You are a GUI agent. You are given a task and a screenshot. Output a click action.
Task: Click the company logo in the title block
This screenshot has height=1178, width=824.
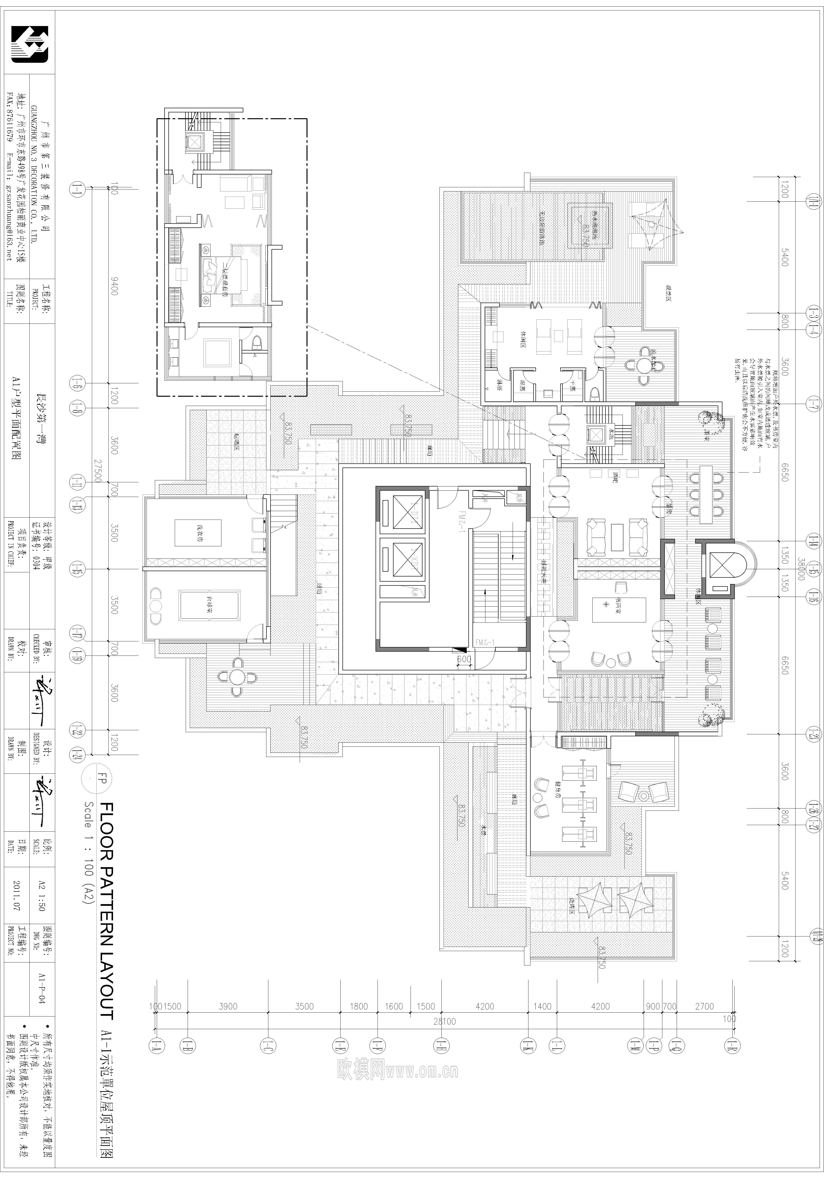[30, 45]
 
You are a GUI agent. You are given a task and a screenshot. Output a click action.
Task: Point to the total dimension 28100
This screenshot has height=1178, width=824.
[444, 1021]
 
